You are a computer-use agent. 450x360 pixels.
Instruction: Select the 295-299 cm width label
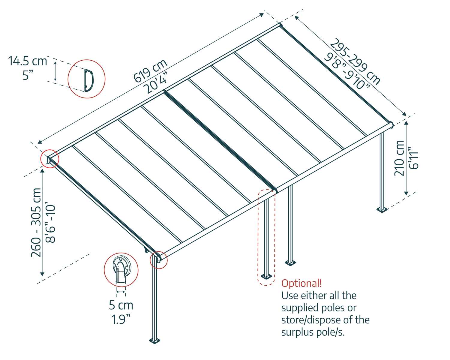coord(356,61)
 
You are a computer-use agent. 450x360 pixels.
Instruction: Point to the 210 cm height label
coord(399,158)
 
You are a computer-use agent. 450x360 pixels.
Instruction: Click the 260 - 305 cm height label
coord(36,222)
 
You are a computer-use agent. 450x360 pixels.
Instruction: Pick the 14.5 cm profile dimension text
coord(28,61)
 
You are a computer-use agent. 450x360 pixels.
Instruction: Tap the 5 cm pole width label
coord(121,305)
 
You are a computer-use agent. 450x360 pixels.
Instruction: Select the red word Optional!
coord(301,283)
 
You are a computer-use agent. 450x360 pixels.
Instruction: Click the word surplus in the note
coord(297,332)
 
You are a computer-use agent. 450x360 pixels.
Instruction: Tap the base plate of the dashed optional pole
coord(266,276)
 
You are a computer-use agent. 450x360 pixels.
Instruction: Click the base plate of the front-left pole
coord(155,340)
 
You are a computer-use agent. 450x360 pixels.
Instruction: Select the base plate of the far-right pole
coord(382,209)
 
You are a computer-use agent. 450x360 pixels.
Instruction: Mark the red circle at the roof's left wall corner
coord(50,158)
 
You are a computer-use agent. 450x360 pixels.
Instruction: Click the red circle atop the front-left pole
coord(158,260)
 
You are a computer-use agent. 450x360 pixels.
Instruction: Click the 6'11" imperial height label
coord(414,158)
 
